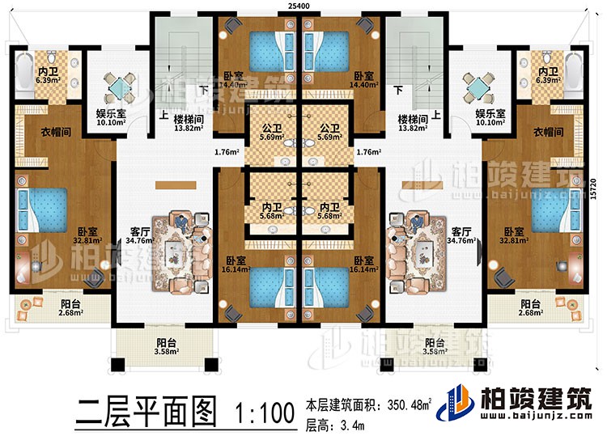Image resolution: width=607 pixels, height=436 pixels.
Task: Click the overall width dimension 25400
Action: (x=303, y=6)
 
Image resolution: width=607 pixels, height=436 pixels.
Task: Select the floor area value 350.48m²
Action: (x=408, y=403)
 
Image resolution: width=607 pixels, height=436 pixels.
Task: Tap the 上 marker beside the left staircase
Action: (x=163, y=116)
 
